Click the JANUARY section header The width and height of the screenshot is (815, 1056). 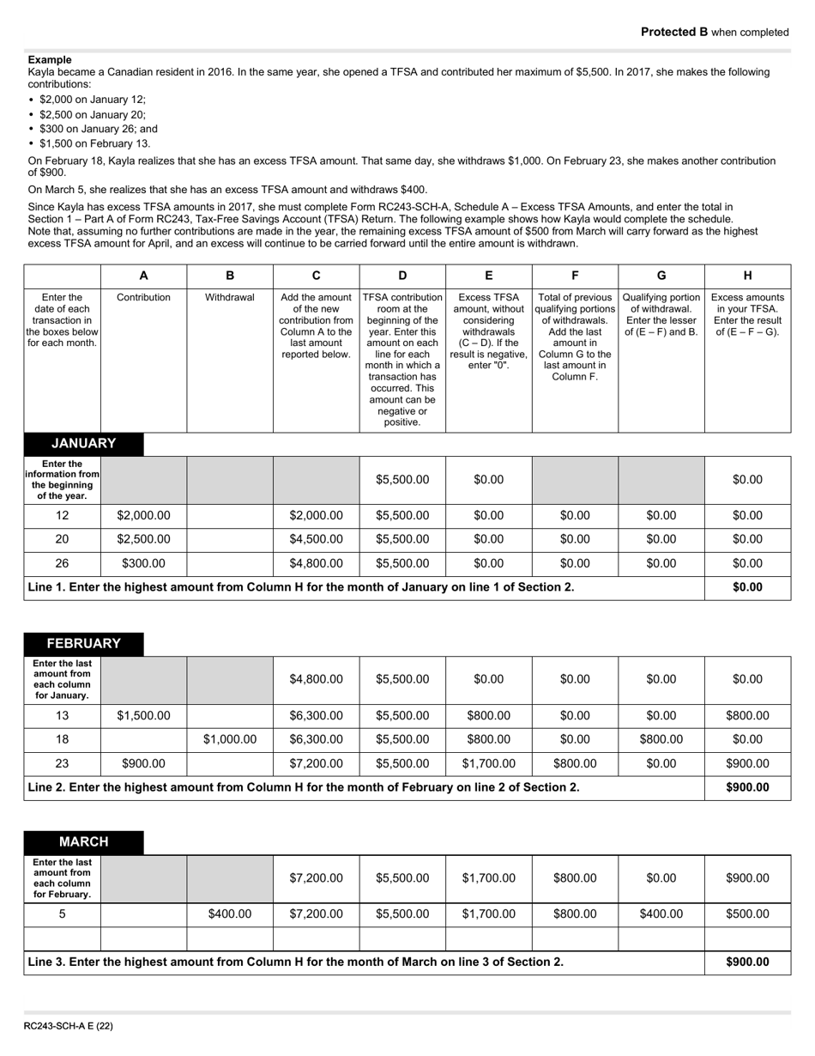coord(83,444)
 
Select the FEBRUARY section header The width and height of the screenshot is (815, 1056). coord(83,644)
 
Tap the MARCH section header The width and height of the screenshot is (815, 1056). coord(83,842)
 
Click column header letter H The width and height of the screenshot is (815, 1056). coord(747,276)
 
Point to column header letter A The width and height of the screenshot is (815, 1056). coord(143,276)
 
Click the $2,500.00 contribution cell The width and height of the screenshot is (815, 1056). coord(143,540)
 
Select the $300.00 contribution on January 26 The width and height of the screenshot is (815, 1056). coord(143,564)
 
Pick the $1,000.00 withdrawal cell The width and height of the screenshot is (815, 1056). coord(230,739)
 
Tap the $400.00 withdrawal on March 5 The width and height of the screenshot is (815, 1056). coord(230,914)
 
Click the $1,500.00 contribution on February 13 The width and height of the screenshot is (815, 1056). coord(143,715)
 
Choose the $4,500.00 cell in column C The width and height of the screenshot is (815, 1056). coord(316,540)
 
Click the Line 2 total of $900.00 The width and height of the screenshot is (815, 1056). coord(747,787)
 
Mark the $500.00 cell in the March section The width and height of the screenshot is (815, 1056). coord(747,914)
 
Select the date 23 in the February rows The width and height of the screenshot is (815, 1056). coord(63,763)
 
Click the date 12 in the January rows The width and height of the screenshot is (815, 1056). coord(63,516)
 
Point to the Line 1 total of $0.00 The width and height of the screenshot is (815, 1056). coord(747,588)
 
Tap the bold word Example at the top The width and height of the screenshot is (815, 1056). coord(50,60)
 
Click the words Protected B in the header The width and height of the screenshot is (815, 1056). coord(674,33)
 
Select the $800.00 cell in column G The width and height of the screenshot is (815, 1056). coord(661,739)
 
